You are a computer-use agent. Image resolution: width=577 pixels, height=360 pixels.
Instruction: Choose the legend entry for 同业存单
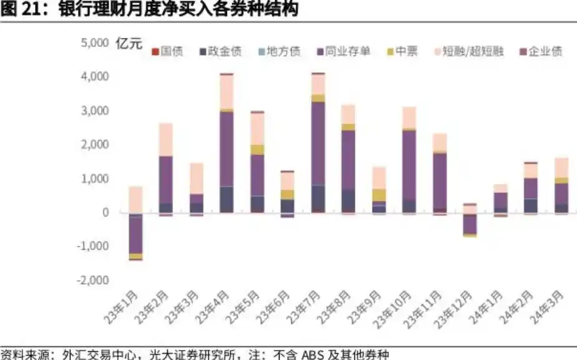[x=344, y=51]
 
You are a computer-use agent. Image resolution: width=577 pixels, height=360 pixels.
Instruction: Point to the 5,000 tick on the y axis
[x=95, y=43]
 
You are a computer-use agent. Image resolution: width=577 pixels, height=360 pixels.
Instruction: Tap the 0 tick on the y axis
[x=105, y=213]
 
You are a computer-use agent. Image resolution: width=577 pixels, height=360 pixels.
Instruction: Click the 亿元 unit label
[x=129, y=44]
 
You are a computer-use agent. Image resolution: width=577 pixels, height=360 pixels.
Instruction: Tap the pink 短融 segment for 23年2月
[x=165, y=139]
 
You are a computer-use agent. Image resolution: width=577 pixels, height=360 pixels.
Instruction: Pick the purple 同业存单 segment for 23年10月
[x=409, y=165]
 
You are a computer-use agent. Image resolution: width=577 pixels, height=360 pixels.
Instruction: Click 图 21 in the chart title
[x=19, y=9]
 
